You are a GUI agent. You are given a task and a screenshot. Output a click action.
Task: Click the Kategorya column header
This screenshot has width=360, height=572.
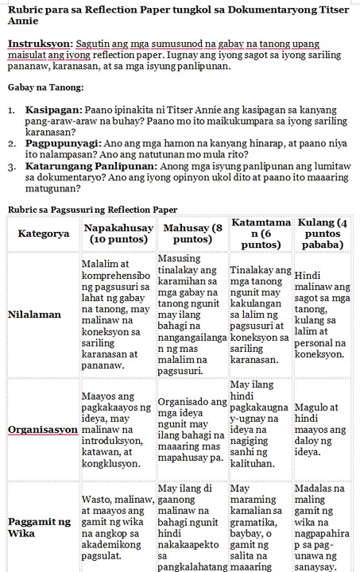pyautogui.click(x=43, y=234)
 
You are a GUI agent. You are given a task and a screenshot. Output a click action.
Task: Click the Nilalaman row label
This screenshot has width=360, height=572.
pyautogui.click(x=34, y=315)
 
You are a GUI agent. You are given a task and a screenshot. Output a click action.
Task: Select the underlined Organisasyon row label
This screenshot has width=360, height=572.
pyautogui.click(x=41, y=430)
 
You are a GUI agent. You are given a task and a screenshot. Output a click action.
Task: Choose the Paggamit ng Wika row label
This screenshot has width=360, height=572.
pyautogui.click(x=38, y=528)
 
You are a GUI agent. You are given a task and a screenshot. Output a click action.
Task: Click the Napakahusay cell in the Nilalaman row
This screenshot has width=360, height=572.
pyautogui.click(x=118, y=315)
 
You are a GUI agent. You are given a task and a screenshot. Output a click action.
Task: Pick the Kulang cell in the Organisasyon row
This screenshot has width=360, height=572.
pyautogui.click(x=323, y=430)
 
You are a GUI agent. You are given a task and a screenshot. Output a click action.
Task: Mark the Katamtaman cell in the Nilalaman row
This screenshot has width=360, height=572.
pyautogui.click(x=260, y=315)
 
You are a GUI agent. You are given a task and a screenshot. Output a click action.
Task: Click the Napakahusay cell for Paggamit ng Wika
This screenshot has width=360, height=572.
pyautogui.click(x=118, y=528)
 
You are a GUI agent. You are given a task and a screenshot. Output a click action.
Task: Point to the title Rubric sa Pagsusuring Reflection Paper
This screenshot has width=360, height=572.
pyautogui.click(x=91, y=210)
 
